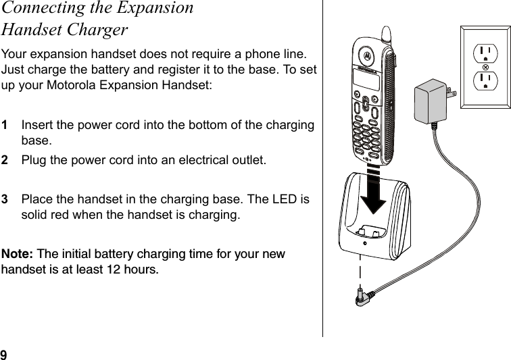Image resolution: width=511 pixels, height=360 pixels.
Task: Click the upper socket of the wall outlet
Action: (x=485, y=53)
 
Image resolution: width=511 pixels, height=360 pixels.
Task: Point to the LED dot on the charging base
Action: (x=364, y=244)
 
